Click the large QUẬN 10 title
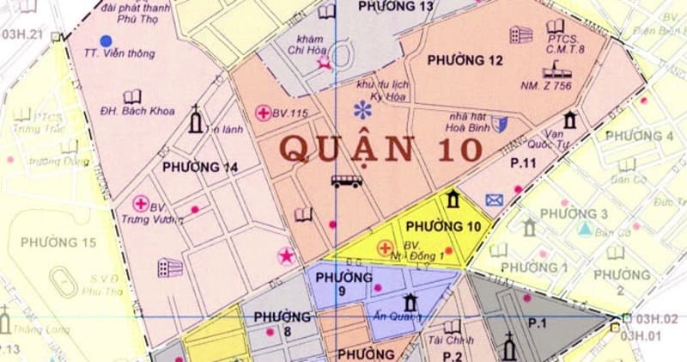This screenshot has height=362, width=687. pyautogui.click(x=381, y=148)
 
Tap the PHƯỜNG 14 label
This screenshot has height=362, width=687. pyautogui.click(x=194, y=168)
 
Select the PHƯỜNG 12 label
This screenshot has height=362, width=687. pyautogui.click(x=465, y=60)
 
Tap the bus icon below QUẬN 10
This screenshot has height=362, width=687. pyautogui.click(x=346, y=181)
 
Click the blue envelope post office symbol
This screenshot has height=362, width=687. pyautogui.click(x=494, y=200)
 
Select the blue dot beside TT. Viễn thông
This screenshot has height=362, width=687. pyautogui.click(x=106, y=40)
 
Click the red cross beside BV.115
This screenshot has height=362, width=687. pyautogui.click(x=264, y=113)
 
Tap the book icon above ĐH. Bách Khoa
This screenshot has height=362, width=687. pyautogui.click(x=131, y=96)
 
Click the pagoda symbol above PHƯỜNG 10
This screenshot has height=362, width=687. pyautogui.click(x=453, y=201)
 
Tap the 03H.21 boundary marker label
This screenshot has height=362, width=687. pyautogui.click(x=22, y=34)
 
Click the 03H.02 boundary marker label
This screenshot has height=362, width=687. pyautogui.click(x=658, y=319)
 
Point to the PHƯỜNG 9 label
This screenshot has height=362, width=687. pyautogui.click(x=343, y=284)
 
